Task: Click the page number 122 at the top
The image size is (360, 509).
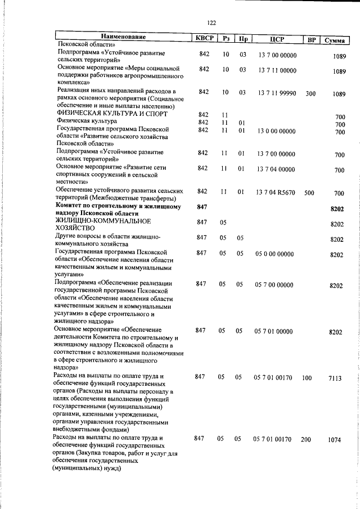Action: coord(211,22)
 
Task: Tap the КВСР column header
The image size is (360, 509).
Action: coord(204,39)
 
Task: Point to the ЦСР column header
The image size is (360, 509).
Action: coord(276,39)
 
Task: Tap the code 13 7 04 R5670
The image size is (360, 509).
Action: coord(277,192)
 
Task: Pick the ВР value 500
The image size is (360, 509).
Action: coord(309,192)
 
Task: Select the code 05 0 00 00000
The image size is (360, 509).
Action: coord(274,254)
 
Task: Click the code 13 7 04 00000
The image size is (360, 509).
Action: coord(276,169)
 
